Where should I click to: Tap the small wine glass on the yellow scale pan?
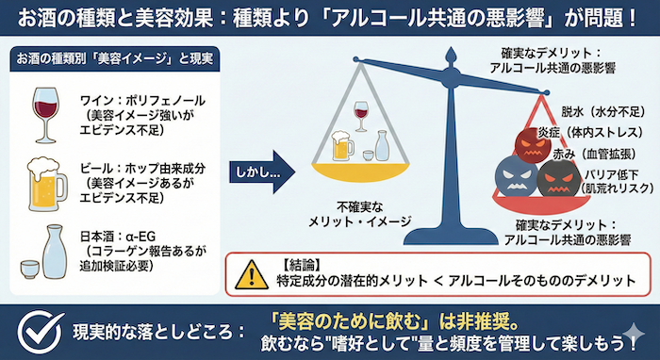[x=360, y=117]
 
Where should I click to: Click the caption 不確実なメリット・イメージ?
[x=361, y=211]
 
